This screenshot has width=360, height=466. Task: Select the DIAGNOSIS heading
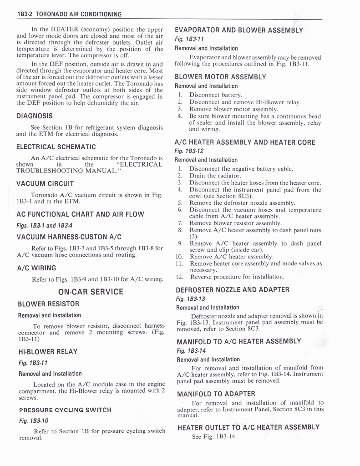click(35, 116)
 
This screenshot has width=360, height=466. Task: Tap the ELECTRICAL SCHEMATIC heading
click(56, 147)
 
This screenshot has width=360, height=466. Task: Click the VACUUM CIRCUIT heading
click(45, 184)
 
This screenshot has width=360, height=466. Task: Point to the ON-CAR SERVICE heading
click(91, 292)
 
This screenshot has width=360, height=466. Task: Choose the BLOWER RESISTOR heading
click(48, 304)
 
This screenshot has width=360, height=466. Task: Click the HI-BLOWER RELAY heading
click(47, 351)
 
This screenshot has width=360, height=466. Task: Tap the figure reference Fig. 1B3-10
click(33, 420)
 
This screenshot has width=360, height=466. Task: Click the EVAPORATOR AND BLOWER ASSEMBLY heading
click(239, 30)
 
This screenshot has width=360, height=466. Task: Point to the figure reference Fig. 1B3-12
click(189, 151)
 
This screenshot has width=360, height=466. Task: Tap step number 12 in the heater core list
click(179, 277)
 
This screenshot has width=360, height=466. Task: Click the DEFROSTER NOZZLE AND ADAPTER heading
click(232, 289)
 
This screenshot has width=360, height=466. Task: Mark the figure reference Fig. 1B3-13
click(191, 299)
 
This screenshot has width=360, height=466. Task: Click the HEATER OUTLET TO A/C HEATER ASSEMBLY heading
click(248, 427)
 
